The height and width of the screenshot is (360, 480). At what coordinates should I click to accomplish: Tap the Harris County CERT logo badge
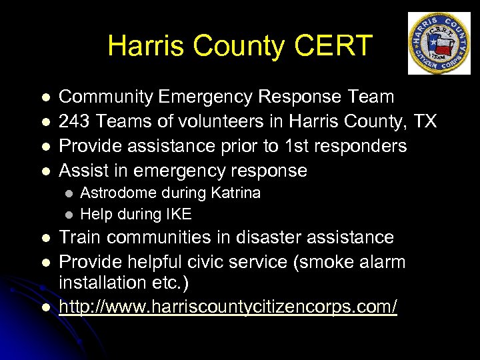(x=439, y=43)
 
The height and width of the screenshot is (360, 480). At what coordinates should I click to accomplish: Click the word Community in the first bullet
(x=107, y=97)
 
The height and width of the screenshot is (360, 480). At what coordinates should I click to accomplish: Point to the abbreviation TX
(x=424, y=121)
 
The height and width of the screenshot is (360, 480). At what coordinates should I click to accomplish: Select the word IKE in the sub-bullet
(x=177, y=214)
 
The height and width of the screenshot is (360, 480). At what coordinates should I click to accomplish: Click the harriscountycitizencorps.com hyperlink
(x=228, y=307)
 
